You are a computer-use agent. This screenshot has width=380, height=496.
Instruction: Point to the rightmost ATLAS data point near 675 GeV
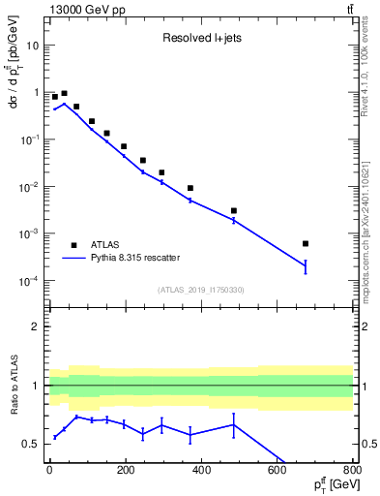click(306, 243)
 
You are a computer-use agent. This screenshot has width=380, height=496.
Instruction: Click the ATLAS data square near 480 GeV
click(234, 210)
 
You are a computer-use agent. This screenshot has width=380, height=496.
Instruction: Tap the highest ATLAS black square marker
click(64, 94)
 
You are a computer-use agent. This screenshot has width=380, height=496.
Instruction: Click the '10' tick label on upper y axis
click(31, 46)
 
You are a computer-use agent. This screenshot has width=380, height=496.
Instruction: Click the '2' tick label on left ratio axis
click(35, 326)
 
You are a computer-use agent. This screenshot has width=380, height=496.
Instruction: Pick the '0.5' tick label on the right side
click(368, 445)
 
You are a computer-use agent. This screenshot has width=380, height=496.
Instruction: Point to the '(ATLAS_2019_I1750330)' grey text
click(200, 290)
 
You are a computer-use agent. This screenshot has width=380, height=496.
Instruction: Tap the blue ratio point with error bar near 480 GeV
click(234, 424)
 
